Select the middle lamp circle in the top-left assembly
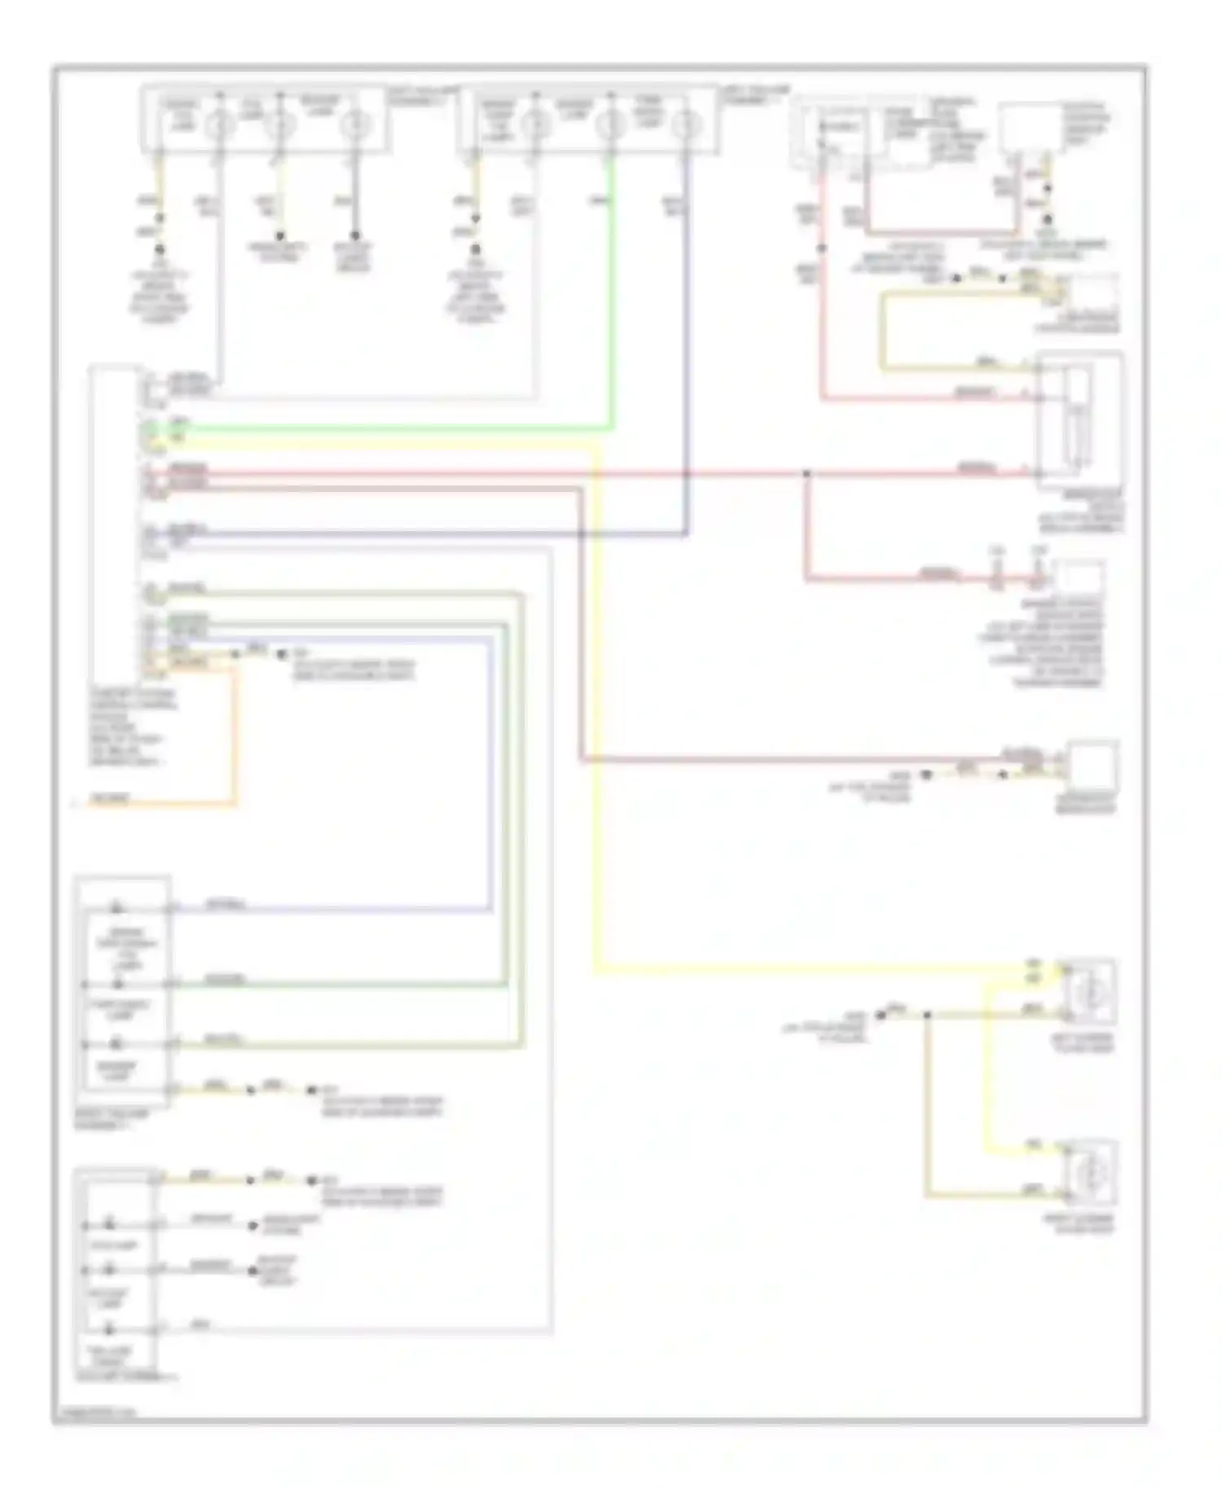[x=280, y=125]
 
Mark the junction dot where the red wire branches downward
[x=807, y=473]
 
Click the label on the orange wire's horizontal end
[x=109, y=799]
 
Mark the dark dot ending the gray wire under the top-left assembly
[x=355, y=235]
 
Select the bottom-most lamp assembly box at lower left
[x=115, y=1271]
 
